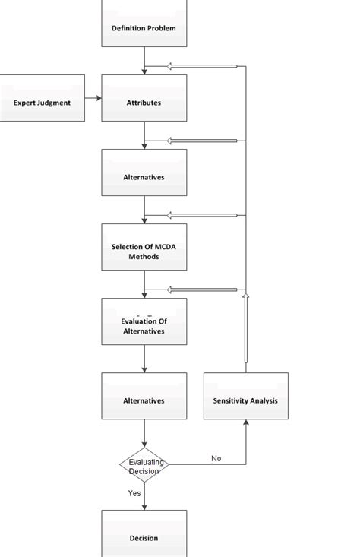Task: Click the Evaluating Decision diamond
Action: click(144, 466)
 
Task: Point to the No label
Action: click(216, 458)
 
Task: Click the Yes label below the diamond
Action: click(134, 493)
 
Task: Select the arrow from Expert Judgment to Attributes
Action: click(93, 98)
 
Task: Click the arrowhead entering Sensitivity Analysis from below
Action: click(245, 423)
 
